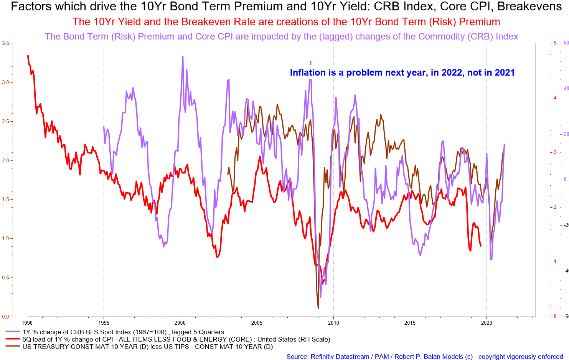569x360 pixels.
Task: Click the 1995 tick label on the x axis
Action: [104, 323]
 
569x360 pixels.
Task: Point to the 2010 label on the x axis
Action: [333, 323]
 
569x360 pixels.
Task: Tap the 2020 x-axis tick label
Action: [487, 323]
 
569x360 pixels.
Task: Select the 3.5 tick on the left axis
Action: [5, 43]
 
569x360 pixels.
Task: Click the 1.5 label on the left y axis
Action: [5, 200]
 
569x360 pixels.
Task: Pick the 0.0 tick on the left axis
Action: [5, 317]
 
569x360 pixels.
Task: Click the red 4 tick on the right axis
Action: [555, 98]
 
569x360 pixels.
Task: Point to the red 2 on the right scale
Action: [555, 207]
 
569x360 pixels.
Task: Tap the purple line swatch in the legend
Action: [13, 332]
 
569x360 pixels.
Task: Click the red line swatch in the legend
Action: [13, 339]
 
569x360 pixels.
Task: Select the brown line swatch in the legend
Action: [13, 346]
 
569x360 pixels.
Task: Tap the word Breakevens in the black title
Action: [529, 7]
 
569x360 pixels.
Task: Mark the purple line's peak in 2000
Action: [183, 57]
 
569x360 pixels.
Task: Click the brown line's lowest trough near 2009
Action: [318, 309]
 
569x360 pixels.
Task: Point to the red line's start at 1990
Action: [28, 56]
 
